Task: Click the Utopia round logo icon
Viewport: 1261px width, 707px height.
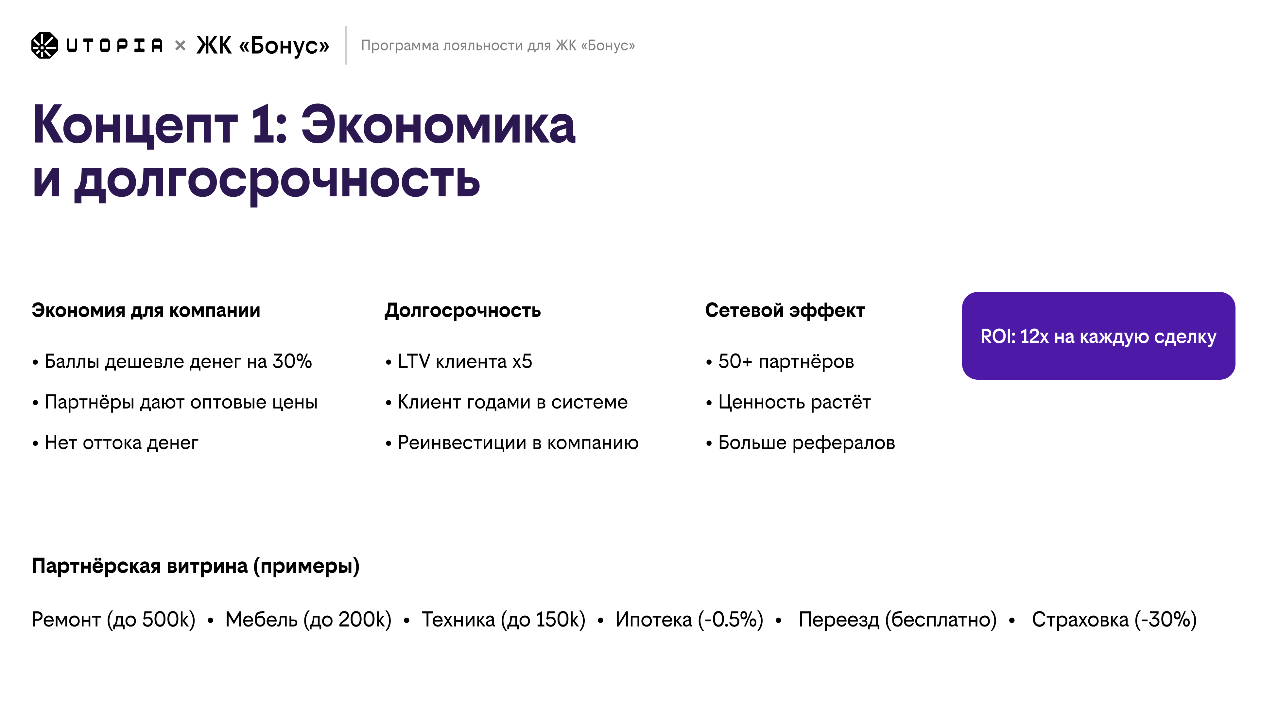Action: [x=44, y=45]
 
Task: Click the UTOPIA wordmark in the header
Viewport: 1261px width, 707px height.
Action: [x=114, y=45]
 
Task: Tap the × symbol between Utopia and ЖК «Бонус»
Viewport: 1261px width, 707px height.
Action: [x=180, y=45]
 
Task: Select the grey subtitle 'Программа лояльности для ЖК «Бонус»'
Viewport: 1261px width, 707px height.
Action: [x=497, y=45]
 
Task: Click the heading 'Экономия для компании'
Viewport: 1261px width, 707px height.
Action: [x=146, y=310]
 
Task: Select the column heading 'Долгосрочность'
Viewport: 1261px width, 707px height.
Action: [x=463, y=310]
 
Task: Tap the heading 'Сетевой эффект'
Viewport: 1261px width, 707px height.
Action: [x=785, y=310]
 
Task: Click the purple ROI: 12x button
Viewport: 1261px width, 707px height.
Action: [x=1098, y=336]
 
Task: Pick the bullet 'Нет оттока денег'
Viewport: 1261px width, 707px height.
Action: [x=121, y=443]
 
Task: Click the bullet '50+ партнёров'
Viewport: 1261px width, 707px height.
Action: [x=786, y=362]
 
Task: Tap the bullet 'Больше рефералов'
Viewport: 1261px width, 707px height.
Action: [x=806, y=443]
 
